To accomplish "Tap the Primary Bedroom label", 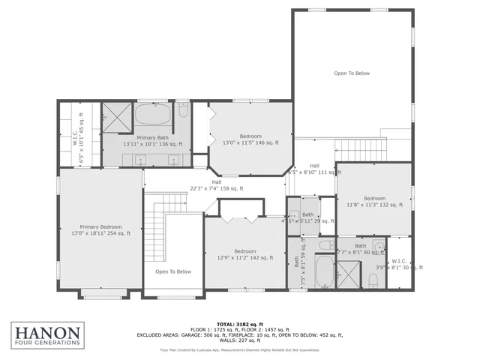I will click(x=100, y=229).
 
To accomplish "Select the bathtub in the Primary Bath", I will click(x=153, y=116).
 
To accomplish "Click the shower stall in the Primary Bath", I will click(x=115, y=116).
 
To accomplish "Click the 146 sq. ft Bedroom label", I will click(x=250, y=139).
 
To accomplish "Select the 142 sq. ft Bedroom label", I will click(x=244, y=254).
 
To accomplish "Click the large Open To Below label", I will click(x=352, y=73).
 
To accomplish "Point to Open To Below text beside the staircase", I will click(x=173, y=271).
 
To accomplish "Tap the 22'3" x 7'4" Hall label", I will click(x=216, y=185).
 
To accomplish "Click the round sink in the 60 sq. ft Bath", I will click(x=380, y=247).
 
